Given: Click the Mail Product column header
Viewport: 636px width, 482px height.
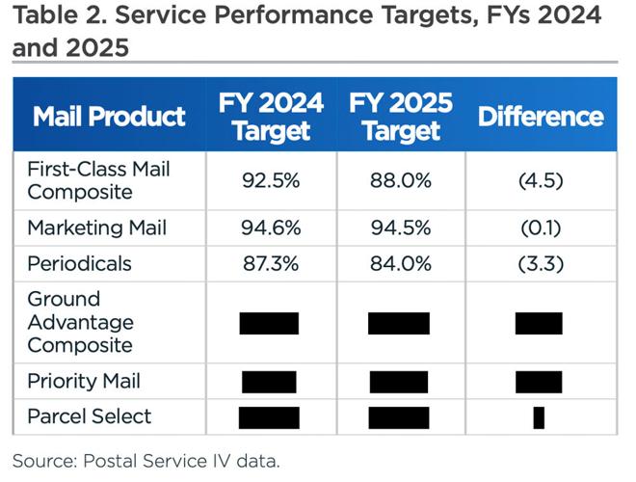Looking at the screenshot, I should click(x=109, y=117).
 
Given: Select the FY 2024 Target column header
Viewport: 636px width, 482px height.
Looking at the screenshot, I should click(x=270, y=117).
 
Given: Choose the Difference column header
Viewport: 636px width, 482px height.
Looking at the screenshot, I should click(x=540, y=117).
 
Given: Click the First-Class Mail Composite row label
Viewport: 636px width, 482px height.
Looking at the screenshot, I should click(x=98, y=180).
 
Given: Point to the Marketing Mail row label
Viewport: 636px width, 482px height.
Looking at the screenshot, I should click(x=96, y=228).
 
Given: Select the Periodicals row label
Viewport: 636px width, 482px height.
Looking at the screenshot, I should click(x=80, y=263).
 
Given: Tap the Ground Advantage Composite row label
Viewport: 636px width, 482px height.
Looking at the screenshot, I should click(x=80, y=322).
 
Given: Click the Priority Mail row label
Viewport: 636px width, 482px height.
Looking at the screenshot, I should click(x=84, y=381).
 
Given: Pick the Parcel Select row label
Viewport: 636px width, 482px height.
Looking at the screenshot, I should click(x=89, y=416).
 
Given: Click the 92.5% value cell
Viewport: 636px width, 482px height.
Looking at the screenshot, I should click(x=270, y=180).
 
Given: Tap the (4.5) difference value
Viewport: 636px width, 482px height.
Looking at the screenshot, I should click(x=540, y=180).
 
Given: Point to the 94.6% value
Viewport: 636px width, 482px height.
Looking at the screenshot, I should click(x=270, y=228).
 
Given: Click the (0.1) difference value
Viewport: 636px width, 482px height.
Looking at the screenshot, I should click(x=540, y=228).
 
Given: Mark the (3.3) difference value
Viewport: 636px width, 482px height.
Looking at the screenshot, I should click(x=540, y=263).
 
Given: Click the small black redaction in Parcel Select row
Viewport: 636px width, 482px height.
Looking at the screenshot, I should click(x=539, y=417).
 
